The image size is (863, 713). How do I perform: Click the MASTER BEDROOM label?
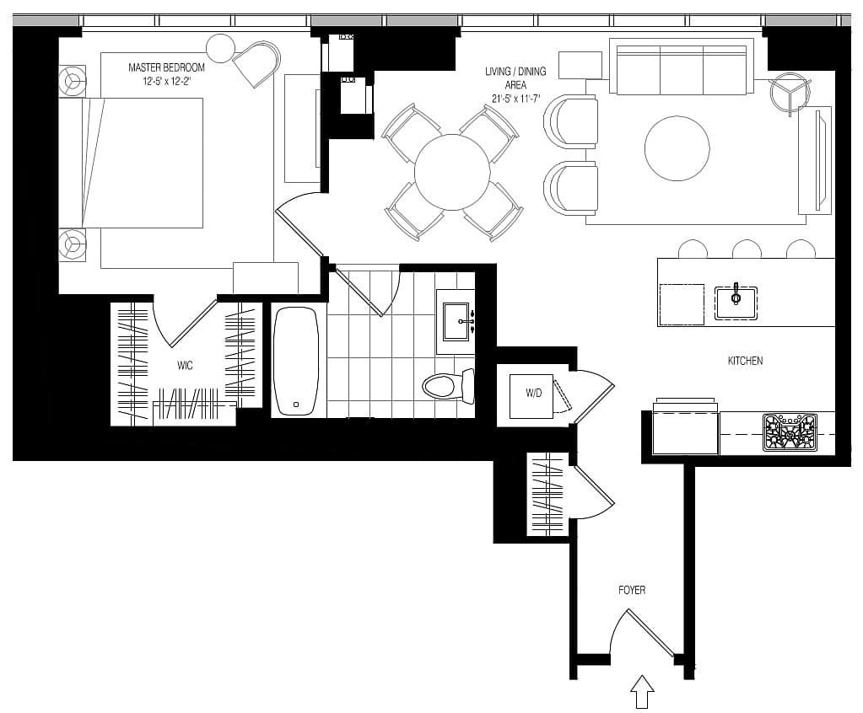[166, 67]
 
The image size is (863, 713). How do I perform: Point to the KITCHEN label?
[745, 361]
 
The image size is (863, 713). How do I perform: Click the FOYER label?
[632, 590]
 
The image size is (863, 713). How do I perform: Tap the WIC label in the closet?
[185, 366]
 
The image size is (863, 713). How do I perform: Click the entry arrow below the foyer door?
[642, 692]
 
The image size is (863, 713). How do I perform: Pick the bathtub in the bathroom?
[296, 362]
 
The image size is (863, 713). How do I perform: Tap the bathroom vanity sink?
[456, 322]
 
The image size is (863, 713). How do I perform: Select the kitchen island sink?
[736, 303]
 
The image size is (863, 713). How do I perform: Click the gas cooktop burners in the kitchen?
[790, 432]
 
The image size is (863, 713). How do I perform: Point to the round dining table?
[452, 172]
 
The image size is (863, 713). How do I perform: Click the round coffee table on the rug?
[677, 147]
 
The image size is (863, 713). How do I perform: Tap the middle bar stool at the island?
[747, 249]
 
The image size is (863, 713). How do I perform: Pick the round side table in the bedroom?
[221, 48]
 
